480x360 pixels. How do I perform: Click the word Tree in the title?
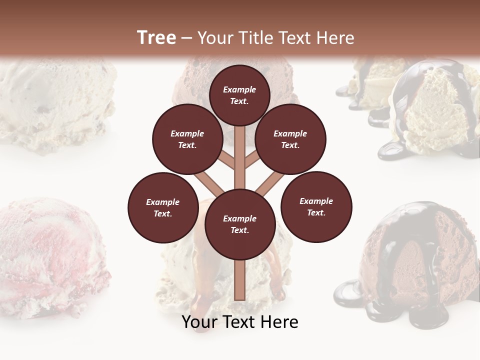[x=156, y=38]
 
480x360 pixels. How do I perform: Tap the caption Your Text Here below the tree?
[x=239, y=322]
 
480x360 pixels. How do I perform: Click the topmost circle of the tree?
[x=239, y=95]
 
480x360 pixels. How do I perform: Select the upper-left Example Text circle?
[x=187, y=139]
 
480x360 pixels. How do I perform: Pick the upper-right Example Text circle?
[x=290, y=139]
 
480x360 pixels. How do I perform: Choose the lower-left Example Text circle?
[x=163, y=207]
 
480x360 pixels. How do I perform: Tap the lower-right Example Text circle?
[x=316, y=206]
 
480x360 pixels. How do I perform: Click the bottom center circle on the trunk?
[x=240, y=224]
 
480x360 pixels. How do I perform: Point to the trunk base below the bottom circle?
[x=239, y=280]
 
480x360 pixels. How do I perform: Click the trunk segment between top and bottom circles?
[x=239, y=160]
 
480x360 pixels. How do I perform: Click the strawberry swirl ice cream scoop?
[x=50, y=255]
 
